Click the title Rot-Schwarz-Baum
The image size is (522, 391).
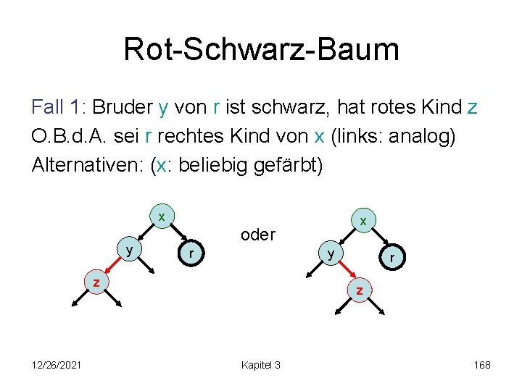point(261,49)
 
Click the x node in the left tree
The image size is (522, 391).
point(162,216)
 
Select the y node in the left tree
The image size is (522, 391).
point(129,251)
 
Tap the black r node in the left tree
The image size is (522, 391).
point(191,253)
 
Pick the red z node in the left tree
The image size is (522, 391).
point(95,282)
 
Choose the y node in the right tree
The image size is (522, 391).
point(330,254)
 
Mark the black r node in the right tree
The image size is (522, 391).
point(391,257)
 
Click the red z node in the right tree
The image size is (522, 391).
point(360,290)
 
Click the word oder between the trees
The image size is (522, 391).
point(257,235)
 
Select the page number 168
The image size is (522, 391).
point(482,365)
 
